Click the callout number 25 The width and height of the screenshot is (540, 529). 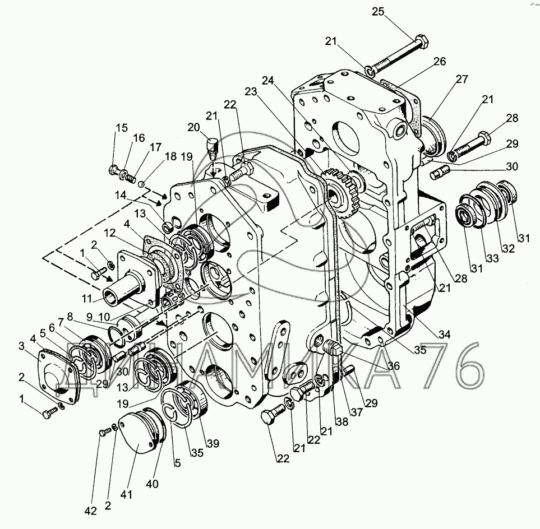378,12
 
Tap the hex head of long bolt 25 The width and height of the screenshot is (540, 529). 422,41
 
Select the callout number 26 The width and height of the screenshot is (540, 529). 440,61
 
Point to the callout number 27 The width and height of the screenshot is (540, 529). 462,79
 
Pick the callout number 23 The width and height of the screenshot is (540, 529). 251,91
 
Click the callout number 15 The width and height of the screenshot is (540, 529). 122,128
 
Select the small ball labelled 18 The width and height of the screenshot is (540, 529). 141,184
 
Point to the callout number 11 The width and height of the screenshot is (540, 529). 87,298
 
